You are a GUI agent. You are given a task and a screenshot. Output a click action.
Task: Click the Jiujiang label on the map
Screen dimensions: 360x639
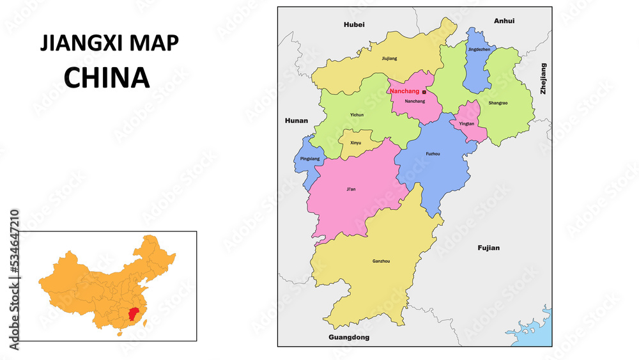tap(389, 58)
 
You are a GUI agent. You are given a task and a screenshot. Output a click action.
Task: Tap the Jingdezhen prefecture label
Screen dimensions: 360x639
tap(479, 49)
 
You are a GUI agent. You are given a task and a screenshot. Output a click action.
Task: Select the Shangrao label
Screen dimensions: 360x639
tap(498, 103)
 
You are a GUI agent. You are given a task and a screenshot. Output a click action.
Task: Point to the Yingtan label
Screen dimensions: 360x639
tap(466, 123)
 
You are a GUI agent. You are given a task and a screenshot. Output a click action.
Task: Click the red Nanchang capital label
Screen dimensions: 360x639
tap(404, 91)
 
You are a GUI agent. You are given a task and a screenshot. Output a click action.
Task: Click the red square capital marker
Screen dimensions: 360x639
tap(424, 92)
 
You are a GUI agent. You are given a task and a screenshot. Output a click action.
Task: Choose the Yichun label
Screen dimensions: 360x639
tap(357, 115)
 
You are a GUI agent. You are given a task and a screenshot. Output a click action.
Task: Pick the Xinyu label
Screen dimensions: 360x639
tap(355, 143)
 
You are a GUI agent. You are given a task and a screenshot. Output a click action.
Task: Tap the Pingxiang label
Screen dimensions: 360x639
tap(309, 158)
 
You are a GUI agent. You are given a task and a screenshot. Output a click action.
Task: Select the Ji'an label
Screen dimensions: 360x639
tap(351, 189)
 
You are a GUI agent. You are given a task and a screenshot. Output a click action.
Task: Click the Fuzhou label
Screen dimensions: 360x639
tap(433, 154)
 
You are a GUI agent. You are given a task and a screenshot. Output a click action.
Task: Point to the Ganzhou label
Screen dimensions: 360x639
tap(381, 261)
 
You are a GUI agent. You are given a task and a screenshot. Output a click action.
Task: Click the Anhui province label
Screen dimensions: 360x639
tap(504, 21)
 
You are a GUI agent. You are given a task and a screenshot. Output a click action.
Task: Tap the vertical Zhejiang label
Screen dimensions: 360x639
tap(544, 79)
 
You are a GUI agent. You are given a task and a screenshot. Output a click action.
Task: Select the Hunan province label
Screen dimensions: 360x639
tap(296, 120)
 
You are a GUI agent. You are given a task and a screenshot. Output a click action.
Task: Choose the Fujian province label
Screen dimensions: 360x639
tap(488, 247)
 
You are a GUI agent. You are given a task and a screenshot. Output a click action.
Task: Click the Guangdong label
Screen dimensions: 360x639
tap(349, 337)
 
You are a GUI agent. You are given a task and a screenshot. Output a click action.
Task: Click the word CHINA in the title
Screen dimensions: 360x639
tap(107, 77)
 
